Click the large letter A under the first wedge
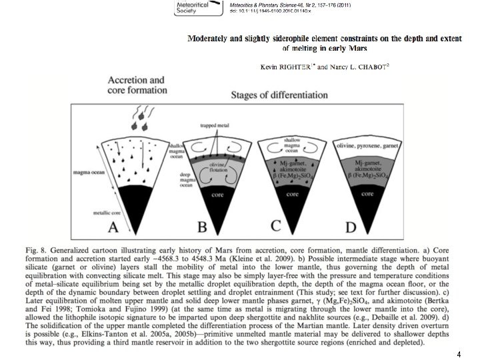click(113, 227)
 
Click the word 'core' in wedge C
click(292, 195)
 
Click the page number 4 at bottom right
click(459, 353)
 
